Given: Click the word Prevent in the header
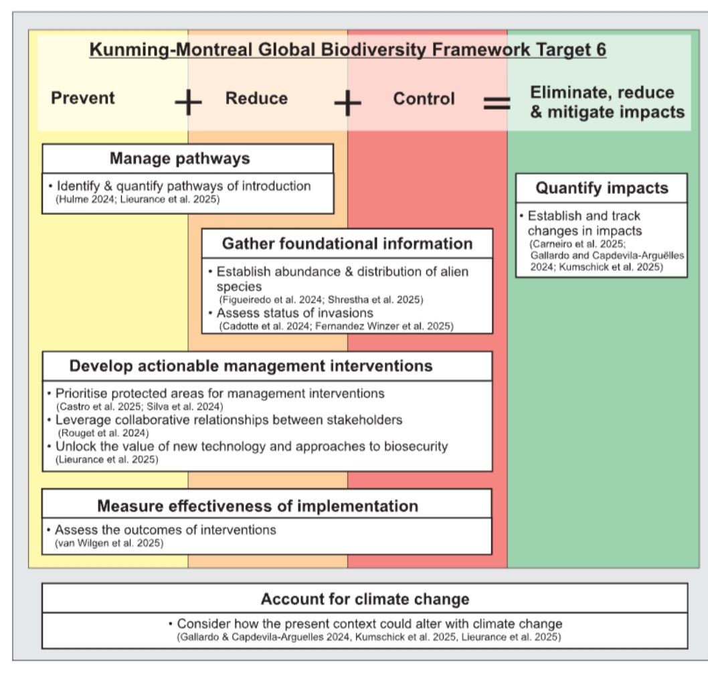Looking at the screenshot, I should (x=83, y=98).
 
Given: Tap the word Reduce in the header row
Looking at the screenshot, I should (x=256, y=98).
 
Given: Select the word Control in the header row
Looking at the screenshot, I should (x=424, y=99).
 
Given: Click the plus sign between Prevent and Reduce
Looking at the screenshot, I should (x=188, y=103).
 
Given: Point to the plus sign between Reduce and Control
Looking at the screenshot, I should (x=347, y=103).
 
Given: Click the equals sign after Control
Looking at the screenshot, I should (x=497, y=103).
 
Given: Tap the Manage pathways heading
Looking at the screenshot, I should (x=179, y=159).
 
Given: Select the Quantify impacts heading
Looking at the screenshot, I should (x=602, y=188).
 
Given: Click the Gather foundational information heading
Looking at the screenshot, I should (x=347, y=244).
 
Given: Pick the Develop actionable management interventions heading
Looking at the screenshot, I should (x=251, y=366).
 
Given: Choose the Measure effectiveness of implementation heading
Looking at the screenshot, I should (x=258, y=506).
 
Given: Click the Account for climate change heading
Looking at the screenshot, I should (x=365, y=598).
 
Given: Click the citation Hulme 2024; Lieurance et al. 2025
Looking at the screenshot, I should (x=137, y=199).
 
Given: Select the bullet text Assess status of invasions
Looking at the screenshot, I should (x=294, y=313).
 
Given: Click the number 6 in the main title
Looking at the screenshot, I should (x=600, y=50).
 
